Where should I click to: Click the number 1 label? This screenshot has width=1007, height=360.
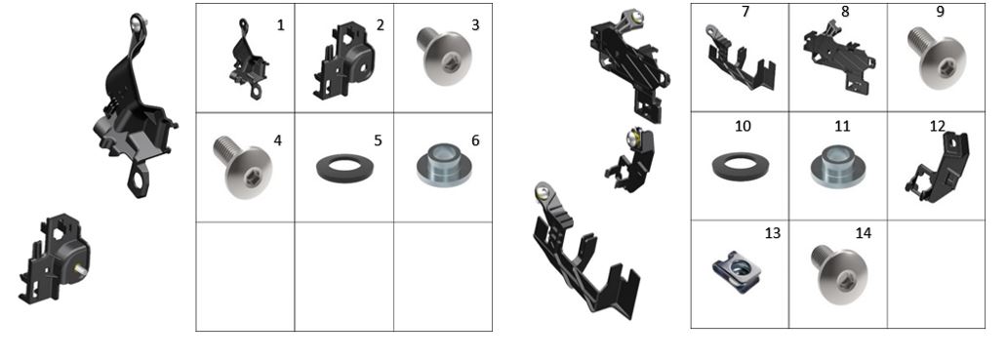[280, 25]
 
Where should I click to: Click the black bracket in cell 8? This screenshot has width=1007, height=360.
[838, 60]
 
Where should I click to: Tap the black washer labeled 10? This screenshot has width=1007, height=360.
[742, 167]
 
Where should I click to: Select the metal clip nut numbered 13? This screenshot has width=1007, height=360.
[738, 272]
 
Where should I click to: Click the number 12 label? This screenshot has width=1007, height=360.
[937, 127]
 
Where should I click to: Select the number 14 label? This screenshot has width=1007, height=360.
[864, 233]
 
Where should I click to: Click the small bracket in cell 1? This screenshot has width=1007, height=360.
[249, 60]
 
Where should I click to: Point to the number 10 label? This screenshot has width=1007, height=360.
[743, 127]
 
